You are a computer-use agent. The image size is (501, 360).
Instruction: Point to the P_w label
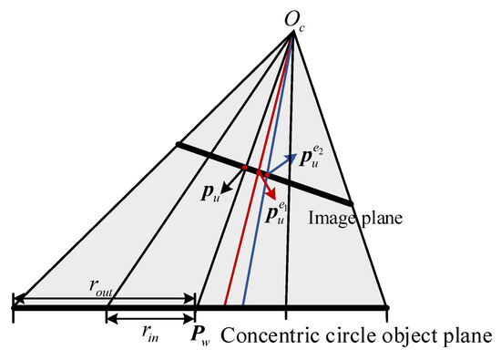pyautogui.click(x=200, y=335)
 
